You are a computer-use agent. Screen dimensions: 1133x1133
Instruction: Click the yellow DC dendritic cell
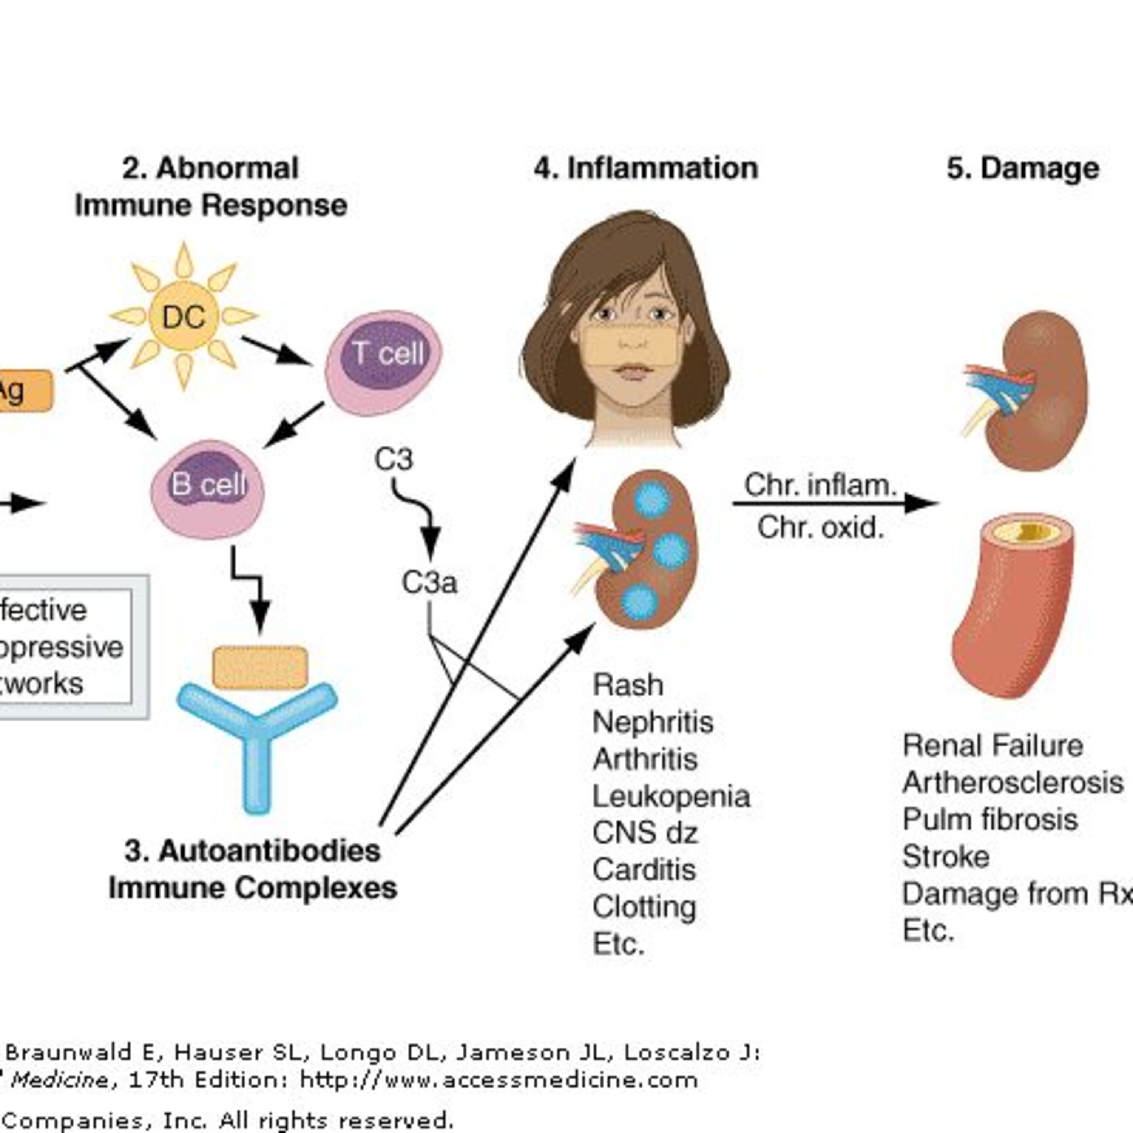pyautogui.click(x=184, y=317)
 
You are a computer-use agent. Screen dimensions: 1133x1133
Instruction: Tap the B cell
pyautogui.click(x=208, y=490)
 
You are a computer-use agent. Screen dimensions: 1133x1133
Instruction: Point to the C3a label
pyautogui.click(x=429, y=582)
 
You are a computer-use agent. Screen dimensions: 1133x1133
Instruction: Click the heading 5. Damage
pyautogui.click(x=1023, y=168)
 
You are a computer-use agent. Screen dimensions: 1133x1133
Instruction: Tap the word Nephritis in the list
pyautogui.click(x=653, y=722)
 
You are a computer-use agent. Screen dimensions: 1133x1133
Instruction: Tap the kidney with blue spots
pyautogui.click(x=645, y=549)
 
